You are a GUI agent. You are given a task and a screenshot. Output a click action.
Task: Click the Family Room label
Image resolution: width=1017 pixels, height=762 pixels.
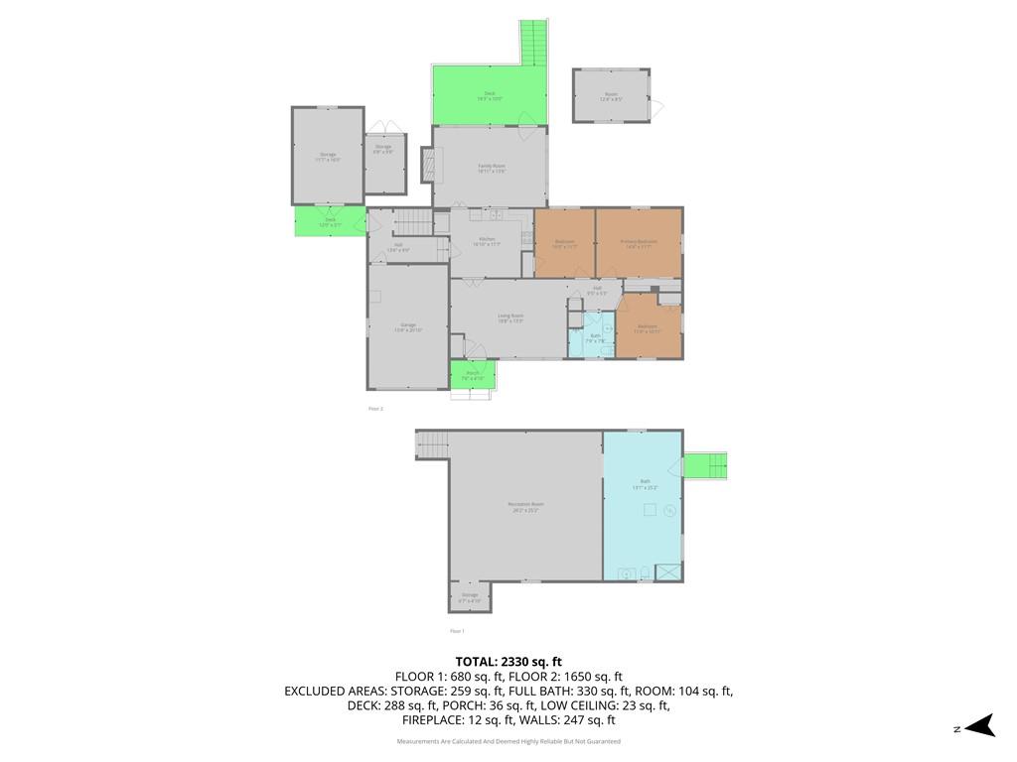[x=492, y=168]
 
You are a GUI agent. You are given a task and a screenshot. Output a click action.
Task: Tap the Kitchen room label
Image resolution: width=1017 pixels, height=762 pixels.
[x=488, y=241]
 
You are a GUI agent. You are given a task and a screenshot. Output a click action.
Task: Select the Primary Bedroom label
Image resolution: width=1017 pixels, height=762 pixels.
[x=639, y=243]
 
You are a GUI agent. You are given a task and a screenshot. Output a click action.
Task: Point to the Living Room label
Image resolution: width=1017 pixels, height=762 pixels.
[x=510, y=317]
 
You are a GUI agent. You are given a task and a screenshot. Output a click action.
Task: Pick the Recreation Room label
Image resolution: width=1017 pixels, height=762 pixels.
[x=525, y=506]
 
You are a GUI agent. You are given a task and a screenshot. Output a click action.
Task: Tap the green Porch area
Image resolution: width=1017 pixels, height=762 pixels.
[x=473, y=375]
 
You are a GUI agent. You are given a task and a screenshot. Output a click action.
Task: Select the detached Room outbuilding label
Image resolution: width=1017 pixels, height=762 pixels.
[x=611, y=95]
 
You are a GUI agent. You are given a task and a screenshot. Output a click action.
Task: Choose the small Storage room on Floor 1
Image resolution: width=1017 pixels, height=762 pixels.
[x=470, y=597]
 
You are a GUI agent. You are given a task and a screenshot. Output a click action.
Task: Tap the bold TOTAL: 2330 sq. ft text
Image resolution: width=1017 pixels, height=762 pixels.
[x=508, y=662]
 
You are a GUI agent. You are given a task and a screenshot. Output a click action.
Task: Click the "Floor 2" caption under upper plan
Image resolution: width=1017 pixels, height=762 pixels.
[x=375, y=409]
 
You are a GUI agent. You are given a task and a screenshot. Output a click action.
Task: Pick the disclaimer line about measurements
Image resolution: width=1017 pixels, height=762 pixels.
[x=508, y=741]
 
